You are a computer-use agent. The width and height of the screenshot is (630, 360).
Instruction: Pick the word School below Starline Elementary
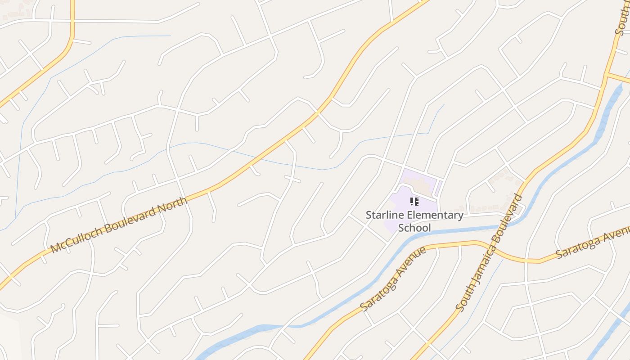pyautogui.click(x=414, y=228)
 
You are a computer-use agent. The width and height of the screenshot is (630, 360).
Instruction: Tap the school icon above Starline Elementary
pyautogui.click(x=414, y=202)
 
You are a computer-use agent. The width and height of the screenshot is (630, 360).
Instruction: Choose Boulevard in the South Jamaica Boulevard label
pyautogui.click(x=511, y=218)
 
